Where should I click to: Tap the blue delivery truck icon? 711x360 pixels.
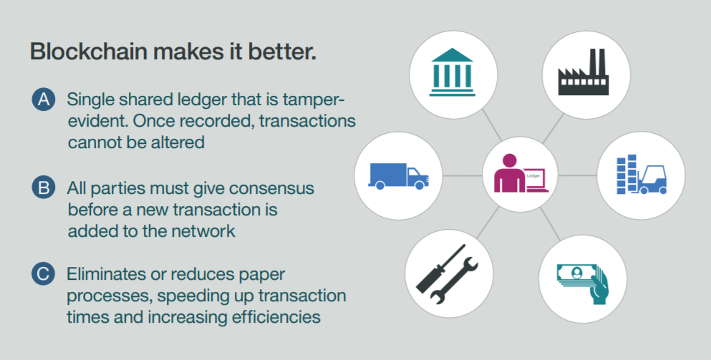click(x=399, y=175)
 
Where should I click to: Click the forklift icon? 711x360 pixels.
click(x=652, y=177)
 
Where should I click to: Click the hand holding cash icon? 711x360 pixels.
click(x=583, y=282)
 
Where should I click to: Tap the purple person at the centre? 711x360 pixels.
click(x=509, y=174)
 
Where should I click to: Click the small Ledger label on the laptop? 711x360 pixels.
click(x=533, y=174)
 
